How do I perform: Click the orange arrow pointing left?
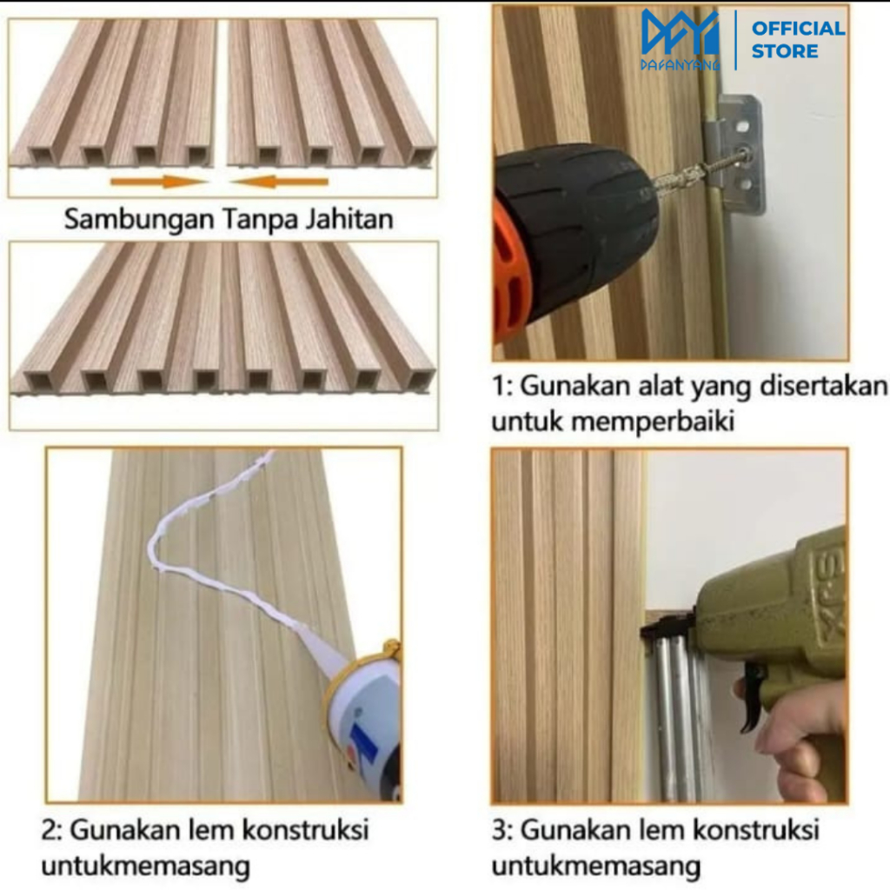click(280, 182)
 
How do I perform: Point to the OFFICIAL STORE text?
click(797, 39)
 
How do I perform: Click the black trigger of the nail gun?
click(752, 695)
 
